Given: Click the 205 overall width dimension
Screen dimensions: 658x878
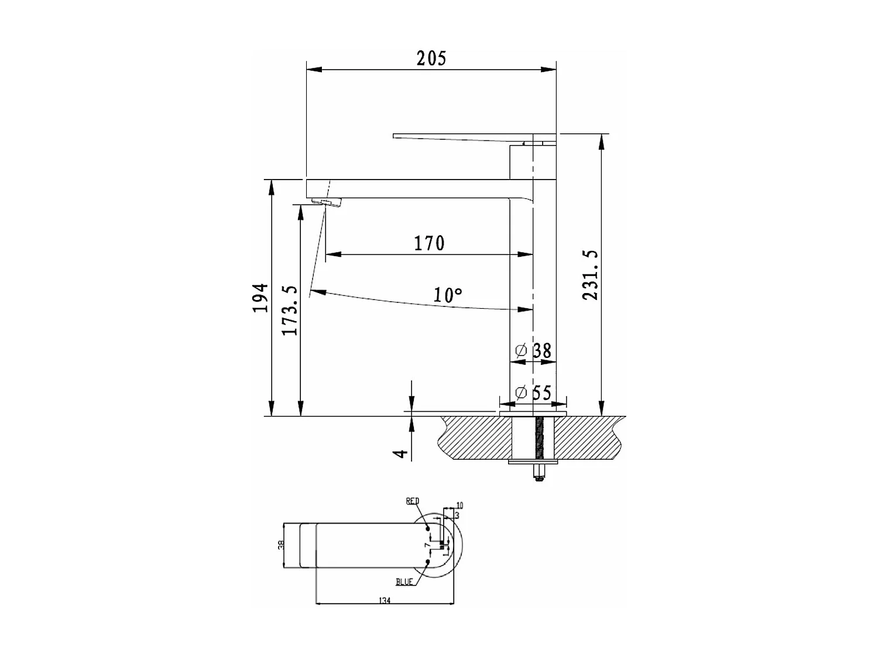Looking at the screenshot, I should pyautogui.click(x=431, y=58).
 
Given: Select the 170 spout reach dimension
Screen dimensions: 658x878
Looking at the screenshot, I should pyautogui.click(x=429, y=243).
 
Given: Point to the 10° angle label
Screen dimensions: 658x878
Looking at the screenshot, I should pyautogui.click(x=448, y=295).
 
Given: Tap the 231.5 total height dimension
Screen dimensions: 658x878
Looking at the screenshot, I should pyautogui.click(x=591, y=275).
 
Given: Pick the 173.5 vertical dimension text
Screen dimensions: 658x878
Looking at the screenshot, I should pyautogui.click(x=290, y=311).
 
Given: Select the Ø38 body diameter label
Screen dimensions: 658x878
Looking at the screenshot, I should pyautogui.click(x=533, y=351).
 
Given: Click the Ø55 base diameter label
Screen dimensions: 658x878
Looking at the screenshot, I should pyautogui.click(x=533, y=392).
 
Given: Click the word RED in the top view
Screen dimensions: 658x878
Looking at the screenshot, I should pyautogui.click(x=413, y=501).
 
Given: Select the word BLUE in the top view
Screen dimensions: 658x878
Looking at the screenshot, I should pyautogui.click(x=404, y=582).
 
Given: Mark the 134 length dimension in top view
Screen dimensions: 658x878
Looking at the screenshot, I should pyautogui.click(x=385, y=601).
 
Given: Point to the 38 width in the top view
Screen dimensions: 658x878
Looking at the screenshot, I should pyautogui.click(x=281, y=545).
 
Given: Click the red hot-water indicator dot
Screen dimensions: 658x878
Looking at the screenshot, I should pyautogui.click(x=428, y=529).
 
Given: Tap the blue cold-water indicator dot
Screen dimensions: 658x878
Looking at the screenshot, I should pyautogui.click(x=428, y=562).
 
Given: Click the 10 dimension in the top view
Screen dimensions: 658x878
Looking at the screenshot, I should pyautogui.click(x=459, y=505).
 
